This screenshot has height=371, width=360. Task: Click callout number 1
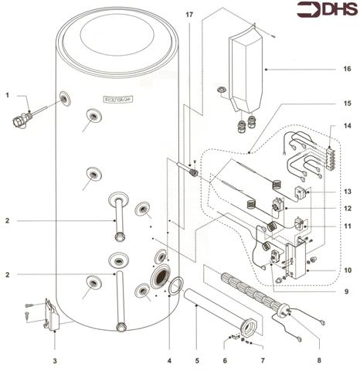point(6,95)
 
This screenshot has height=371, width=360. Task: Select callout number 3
point(55,359)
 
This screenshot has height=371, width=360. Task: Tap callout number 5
point(196,360)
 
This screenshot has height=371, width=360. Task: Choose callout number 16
point(348,69)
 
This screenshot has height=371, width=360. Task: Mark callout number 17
point(189,15)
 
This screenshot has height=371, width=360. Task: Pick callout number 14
point(348,125)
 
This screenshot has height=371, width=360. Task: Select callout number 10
point(348,271)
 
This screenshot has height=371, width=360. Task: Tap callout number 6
point(224,360)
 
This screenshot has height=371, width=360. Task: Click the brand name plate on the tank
point(116,98)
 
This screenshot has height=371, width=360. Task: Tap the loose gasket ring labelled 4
point(175,287)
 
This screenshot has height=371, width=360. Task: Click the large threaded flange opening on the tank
point(161,277)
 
